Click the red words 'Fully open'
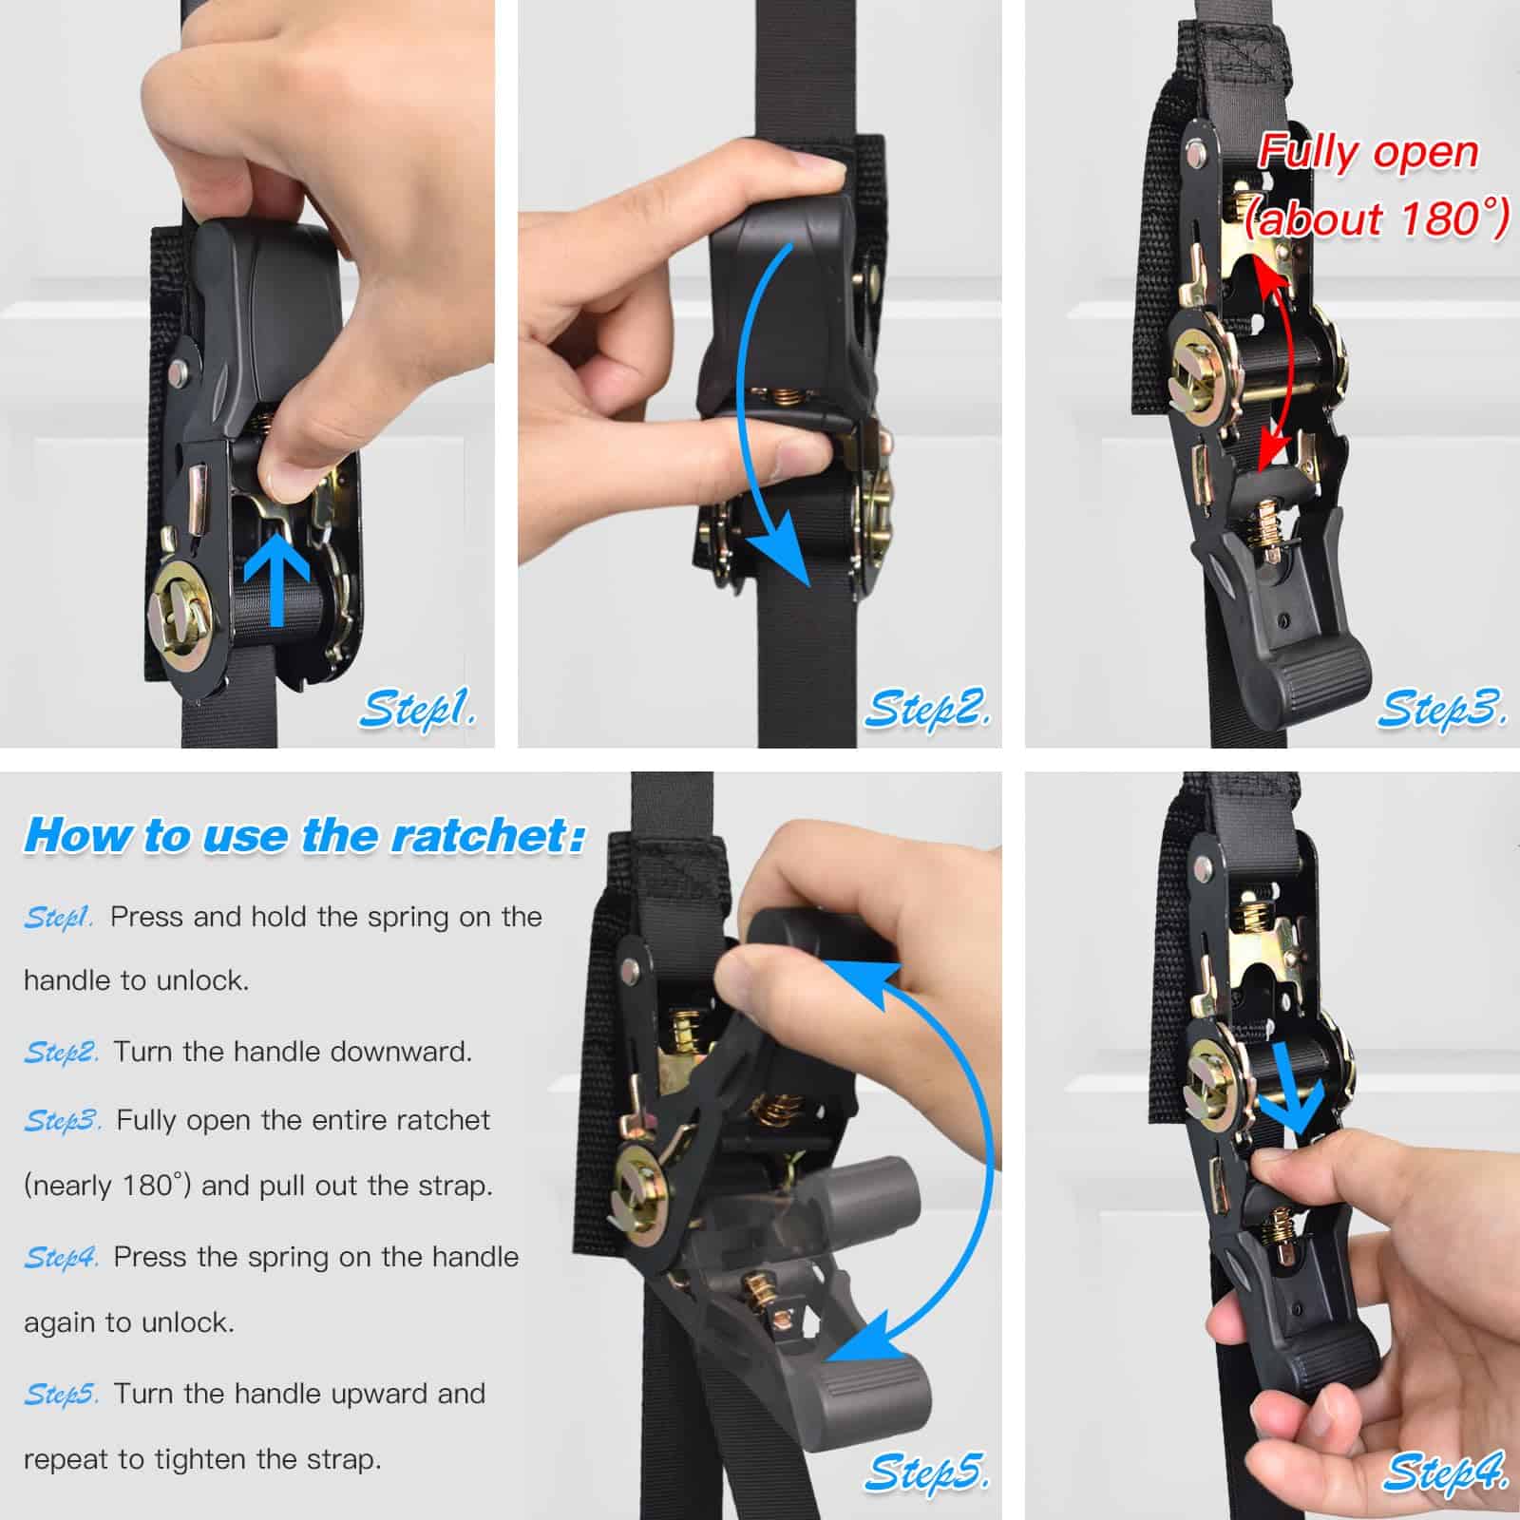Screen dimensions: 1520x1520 pos(1368,153)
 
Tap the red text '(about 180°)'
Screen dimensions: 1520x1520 pos(1377,218)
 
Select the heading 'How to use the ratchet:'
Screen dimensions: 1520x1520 pos(304,835)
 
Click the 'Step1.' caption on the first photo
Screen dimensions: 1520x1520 pos(418,710)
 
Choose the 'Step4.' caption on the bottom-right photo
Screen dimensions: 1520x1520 pos(1445,1472)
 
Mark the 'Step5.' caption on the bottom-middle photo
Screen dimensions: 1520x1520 pos(927,1472)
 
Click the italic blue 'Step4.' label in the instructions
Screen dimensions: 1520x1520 pos(61,1258)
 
